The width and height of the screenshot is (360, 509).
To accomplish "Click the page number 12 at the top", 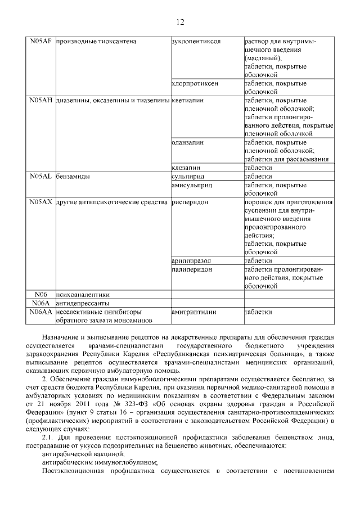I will click(179, 22).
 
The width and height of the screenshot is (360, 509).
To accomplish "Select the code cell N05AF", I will click(40, 42).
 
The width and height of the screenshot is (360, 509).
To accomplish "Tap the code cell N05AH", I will click(40, 100).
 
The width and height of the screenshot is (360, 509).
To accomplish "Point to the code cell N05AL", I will click(40, 176).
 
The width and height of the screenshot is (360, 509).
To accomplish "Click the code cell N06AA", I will click(40, 312).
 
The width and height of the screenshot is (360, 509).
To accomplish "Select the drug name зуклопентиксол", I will click(196, 42).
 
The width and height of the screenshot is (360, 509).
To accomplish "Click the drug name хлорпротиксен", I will click(195, 83).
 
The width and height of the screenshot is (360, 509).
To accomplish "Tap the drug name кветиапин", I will click(187, 100).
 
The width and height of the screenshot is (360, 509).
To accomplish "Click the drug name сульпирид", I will click(188, 176).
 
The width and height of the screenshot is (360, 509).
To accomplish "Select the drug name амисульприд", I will click(191, 184).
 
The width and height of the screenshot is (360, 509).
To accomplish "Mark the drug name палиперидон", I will click(192, 269).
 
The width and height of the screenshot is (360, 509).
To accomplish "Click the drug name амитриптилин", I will click(193, 312).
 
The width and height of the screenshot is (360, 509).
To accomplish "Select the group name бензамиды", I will click(74, 176).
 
